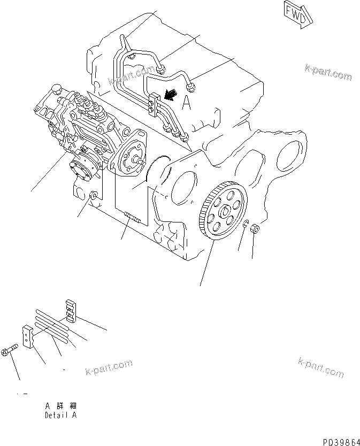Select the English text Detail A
60,415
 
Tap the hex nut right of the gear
256,229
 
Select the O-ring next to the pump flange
160,171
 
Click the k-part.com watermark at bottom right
320,367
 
